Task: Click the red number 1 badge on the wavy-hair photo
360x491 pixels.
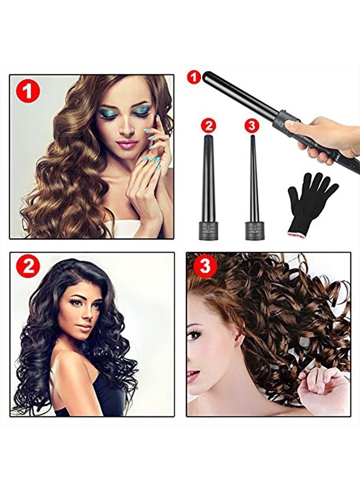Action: coord(28,91)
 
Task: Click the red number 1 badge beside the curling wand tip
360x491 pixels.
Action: coord(194,77)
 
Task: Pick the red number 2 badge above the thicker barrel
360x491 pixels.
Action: coord(208,126)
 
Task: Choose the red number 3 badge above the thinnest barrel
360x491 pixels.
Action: coord(251,126)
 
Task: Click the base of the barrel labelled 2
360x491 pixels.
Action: coord(208,230)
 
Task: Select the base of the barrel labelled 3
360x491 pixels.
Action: coord(253,230)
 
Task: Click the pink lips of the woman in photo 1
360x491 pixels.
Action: coord(127,143)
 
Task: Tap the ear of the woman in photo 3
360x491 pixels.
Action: coord(239,340)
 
